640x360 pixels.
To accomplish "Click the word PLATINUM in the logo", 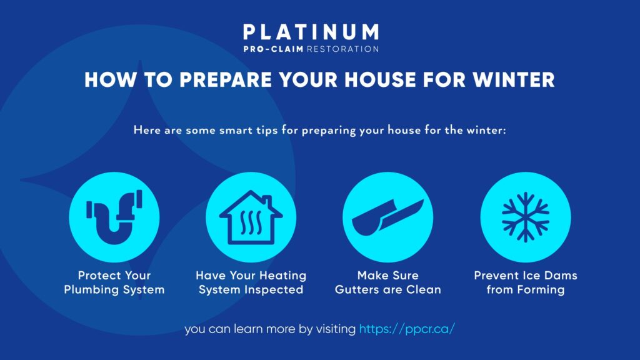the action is (x=311, y=32).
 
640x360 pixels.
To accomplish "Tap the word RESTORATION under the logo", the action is (x=343, y=49).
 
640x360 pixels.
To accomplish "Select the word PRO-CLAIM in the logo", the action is (x=274, y=49).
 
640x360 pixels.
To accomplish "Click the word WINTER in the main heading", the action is (x=514, y=79).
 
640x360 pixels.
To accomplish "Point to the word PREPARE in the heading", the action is (x=226, y=79).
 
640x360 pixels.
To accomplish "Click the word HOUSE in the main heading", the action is (x=380, y=79).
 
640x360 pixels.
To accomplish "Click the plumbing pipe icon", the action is (x=114, y=217).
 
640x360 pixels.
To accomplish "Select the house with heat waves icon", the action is (x=251, y=217).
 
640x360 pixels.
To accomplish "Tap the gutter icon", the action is (x=387, y=217).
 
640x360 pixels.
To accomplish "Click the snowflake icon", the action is (x=526, y=217).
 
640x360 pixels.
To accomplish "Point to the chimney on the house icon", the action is (x=267, y=201).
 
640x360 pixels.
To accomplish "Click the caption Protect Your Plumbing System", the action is (x=114, y=282).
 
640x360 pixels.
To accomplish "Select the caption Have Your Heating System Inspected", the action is (x=251, y=282).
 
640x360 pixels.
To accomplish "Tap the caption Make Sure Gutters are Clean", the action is (x=387, y=282).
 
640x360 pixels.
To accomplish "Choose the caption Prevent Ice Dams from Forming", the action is (x=526, y=282).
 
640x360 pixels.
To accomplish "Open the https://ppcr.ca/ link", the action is (x=407, y=329).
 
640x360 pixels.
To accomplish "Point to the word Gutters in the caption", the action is (x=357, y=290).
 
